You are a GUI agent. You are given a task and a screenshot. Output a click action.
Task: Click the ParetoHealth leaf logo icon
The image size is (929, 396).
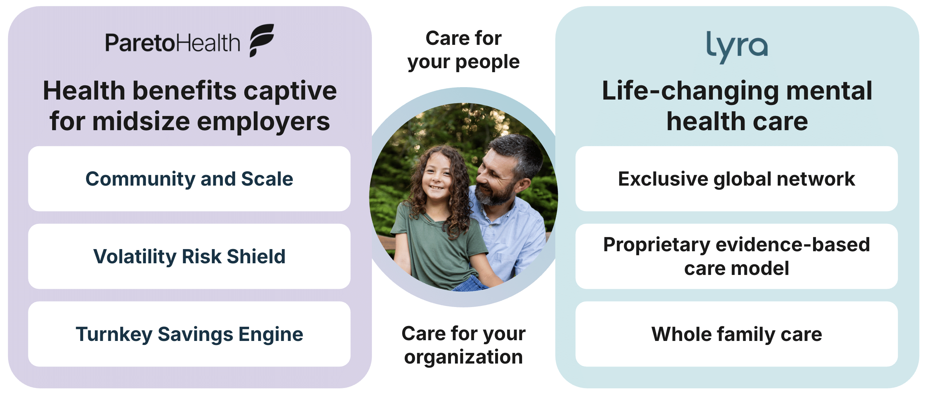261,40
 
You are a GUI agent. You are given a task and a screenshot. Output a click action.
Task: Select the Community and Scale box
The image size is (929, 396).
189,179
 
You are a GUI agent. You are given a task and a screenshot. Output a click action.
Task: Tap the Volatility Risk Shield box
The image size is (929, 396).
189,256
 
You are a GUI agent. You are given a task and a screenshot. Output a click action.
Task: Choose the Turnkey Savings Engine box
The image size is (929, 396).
189,334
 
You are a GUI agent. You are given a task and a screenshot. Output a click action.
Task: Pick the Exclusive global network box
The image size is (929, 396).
736,179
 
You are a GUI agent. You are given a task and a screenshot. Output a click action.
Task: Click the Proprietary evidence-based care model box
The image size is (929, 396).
736,256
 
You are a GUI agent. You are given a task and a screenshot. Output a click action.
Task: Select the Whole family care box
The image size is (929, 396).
736,334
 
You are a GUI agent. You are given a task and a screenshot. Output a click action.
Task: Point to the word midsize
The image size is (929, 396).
141,121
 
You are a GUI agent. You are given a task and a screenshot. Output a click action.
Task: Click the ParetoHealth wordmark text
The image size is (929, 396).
173,43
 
